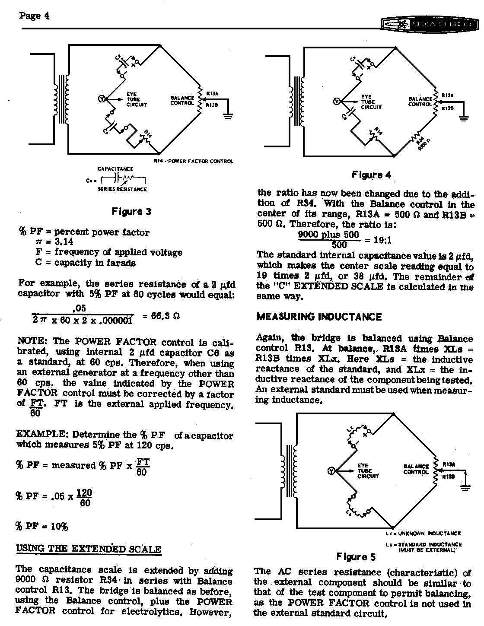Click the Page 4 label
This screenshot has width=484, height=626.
tap(34, 16)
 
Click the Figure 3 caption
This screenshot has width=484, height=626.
tap(131, 212)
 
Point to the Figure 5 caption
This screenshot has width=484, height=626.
tap(356, 556)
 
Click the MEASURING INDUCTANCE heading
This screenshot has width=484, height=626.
tap(319, 317)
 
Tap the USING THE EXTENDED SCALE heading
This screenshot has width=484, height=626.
tap(89, 549)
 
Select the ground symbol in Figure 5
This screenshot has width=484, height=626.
tap(465, 487)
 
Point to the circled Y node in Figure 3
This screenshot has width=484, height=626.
tap(102, 99)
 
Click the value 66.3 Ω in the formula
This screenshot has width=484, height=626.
tap(165, 315)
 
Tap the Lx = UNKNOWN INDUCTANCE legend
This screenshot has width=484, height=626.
tap(423, 534)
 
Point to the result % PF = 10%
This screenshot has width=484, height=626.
tap(42, 526)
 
